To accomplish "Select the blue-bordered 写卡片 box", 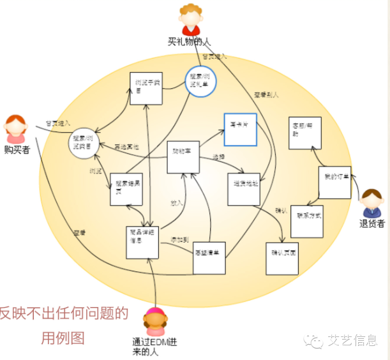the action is coord(240,130).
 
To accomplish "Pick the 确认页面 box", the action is coord(283,258).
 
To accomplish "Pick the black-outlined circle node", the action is coord(86,142).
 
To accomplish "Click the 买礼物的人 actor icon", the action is coord(190,20).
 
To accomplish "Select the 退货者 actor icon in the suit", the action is coord(371,204).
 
